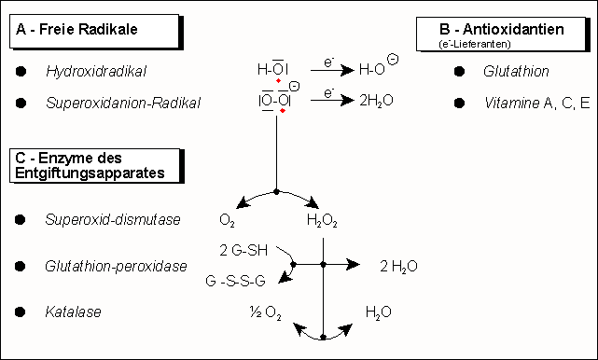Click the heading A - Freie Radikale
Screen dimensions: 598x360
click(x=76, y=29)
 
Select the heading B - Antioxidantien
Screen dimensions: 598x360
click(x=502, y=29)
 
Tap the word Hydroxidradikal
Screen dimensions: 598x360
click(x=96, y=71)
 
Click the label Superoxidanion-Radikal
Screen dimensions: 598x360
click(x=123, y=103)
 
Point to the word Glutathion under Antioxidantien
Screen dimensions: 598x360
click(x=516, y=71)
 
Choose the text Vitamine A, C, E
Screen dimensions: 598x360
click(x=537, y=103)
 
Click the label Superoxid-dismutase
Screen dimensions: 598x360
click(x=113, y=220)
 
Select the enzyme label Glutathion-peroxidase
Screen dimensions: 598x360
click(x=116, y=266)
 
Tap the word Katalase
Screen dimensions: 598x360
click(x=73, y=312)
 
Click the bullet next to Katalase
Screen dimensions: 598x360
click(x=21, y=312)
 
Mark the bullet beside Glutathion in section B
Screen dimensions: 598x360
click(x=460, y=71)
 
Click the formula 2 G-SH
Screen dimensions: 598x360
click(x=243, y=250)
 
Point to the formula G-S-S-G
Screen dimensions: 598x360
click(x=235, y=281)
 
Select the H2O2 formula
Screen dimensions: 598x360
click(x=322, y=221)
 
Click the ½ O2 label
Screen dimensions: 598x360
click(x=266, y=312)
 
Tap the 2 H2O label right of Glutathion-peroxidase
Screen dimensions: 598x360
click(x=398, y=267)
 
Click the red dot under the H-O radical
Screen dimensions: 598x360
click(x=278, y=80)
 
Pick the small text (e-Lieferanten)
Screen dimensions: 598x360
click(x=475, y=44)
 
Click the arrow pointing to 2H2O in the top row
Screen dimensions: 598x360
click(x=332, y=101)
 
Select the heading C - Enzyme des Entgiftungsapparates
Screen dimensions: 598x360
click(x=90, y=165)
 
